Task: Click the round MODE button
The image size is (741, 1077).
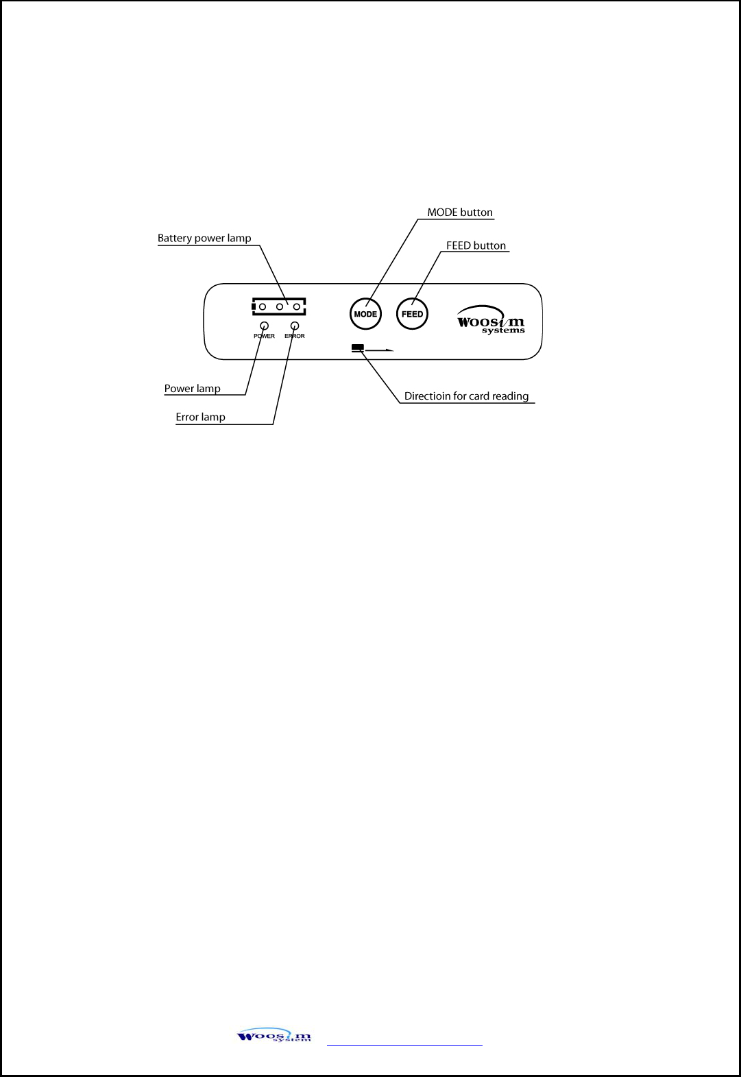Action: coord(365,314)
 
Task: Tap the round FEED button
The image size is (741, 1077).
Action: coord(412,314)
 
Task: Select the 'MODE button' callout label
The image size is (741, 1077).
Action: coord(460,213)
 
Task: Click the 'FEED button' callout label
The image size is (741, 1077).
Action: coord(476,245)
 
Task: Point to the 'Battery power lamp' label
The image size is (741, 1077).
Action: coord(204,239)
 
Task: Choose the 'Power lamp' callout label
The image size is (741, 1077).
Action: coord(192,389)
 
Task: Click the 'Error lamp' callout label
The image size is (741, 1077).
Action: coord(200,417)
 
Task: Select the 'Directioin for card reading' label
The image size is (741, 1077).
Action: coord(466,396)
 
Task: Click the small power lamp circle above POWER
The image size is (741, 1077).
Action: coord(265,326)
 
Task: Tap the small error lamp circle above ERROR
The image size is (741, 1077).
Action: coord(295,326)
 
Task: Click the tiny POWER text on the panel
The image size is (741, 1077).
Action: coord(264,336)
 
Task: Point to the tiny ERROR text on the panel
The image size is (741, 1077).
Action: coord(295,336)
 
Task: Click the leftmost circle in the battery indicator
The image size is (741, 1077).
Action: coord(263,306)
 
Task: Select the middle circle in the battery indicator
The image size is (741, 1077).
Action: coord(280,306)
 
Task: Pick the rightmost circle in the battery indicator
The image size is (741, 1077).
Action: coord(297,306)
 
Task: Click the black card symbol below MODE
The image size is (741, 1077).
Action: coord(357,348)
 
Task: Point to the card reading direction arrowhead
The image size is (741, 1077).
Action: coord(390,350)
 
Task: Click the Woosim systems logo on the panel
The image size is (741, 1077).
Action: coord(491,320)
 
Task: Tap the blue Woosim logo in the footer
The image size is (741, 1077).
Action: coord(274,1036)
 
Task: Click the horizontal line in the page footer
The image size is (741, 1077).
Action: coord(404,1045)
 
